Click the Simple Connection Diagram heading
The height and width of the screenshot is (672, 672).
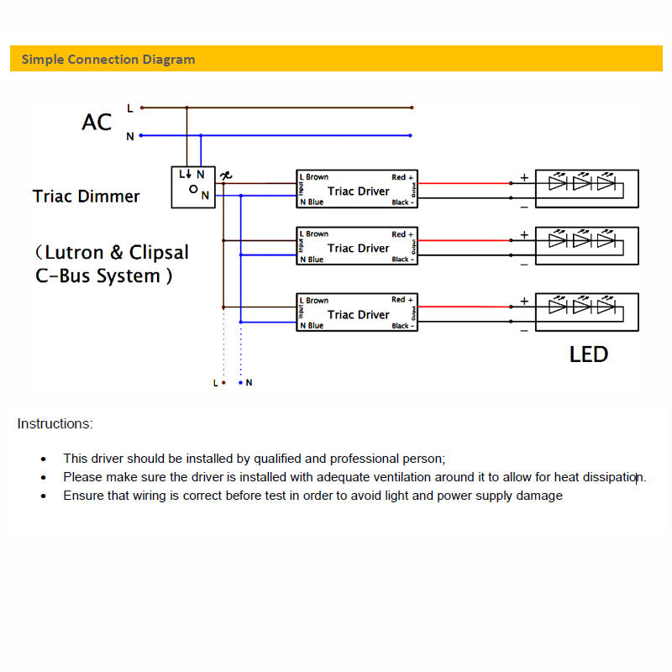tap(108, 60)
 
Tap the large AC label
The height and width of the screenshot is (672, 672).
tap(97, 123)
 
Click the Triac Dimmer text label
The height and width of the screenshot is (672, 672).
tap(86, 197)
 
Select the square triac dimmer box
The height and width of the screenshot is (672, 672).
tap(193, 186)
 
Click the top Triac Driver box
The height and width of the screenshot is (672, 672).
tap(357, 190)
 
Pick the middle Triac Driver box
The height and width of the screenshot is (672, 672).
tap(357, 247)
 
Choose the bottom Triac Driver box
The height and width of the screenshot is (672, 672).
tap(357, 313)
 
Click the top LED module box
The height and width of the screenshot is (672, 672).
tap(587, 189)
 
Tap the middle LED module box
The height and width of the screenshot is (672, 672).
tap(587, 246)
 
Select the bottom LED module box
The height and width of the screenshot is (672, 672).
tap(587, 312)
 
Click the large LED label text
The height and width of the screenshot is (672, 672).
tap(588, 354)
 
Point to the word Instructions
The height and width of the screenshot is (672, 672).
tap(55, 424)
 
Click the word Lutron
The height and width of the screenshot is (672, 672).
tap(75, 253)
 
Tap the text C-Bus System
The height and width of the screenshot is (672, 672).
tap(103, 276)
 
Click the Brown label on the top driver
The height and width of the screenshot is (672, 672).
tap(318, 177)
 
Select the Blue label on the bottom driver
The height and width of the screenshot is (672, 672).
tap(315, 326)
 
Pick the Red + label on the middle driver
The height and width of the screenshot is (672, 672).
tap(402, 234)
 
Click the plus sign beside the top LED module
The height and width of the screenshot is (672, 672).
tap(524, 177)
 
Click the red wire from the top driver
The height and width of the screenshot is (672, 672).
tap(462, 182)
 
